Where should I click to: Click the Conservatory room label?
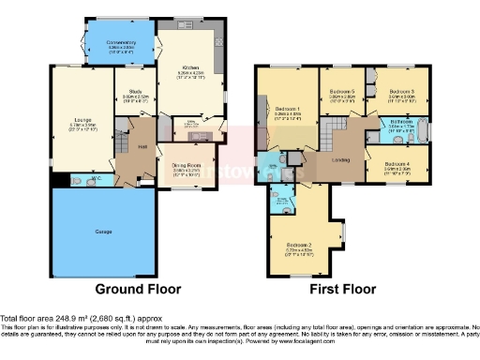pyautogui.click(x=121, y=41)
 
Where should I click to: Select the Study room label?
pyautogui.click(x=134, y=92)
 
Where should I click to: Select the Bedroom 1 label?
pyautogui.click(x=287, y=111)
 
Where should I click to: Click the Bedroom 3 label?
pyautogui.click(x=401, y=90)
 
